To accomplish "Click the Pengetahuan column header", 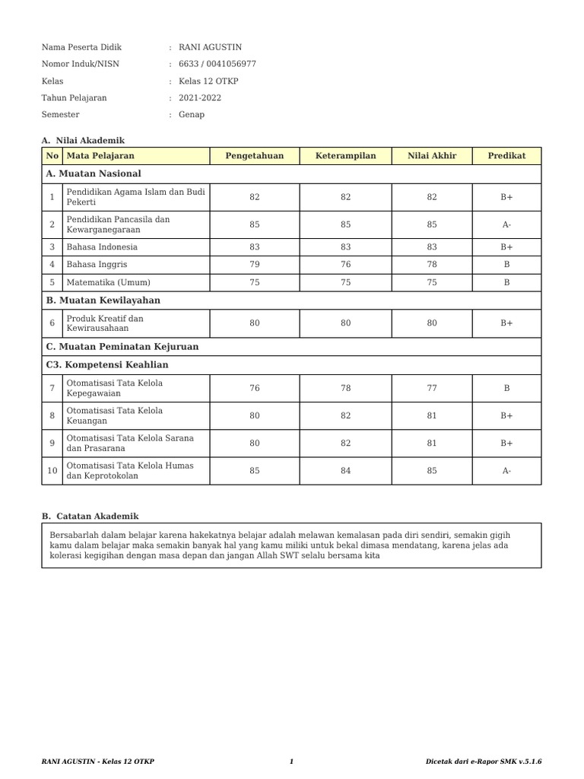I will [x=254, y=156].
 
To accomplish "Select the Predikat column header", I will [x=506, y=156].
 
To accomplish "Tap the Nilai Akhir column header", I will [x=432, y=156].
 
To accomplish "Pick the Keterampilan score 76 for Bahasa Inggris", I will [x=345, y=264].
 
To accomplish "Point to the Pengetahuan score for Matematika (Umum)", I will [x=254, y=282].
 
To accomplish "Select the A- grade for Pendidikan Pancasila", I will [x=506, y=224].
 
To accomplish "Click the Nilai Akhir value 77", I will [x=432, y=388].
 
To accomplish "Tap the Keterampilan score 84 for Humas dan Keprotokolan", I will [x=345, y=471].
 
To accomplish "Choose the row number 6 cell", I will [x=52, y=323].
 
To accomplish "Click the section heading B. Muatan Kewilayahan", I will [x=103, y=300].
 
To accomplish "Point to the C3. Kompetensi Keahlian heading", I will [x=107, y=365].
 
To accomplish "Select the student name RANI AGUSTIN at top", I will [x=210, y=47].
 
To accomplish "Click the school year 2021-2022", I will [x=200, y=98].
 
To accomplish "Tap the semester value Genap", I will [x=191, y=115].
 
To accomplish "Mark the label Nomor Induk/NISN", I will [x=80, y=65].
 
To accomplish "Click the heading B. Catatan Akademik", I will [x=90, y=516].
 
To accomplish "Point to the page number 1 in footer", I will [x=291, y=762].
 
